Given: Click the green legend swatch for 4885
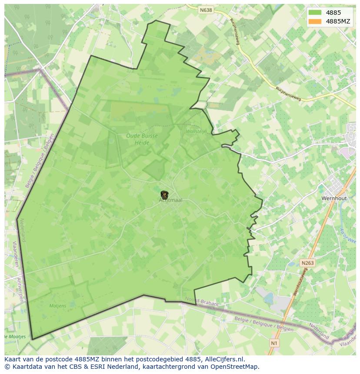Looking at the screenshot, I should (315, 13).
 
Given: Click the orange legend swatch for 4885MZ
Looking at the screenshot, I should (315, 21).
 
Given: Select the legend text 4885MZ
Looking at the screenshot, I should (338, 21).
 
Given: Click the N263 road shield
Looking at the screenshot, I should (307, 263).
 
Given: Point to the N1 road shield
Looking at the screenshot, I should (274, 343).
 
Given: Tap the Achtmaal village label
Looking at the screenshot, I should (171, 200).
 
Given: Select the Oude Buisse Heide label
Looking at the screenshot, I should (142, 139).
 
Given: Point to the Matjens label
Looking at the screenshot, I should (57, 306).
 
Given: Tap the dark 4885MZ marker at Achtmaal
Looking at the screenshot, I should (164, 195).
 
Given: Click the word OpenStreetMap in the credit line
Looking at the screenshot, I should (235, 367).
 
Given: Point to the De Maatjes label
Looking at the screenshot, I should (15, 337).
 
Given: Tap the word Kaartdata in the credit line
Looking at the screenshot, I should (25, 367).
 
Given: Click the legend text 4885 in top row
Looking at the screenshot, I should (333, 13).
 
